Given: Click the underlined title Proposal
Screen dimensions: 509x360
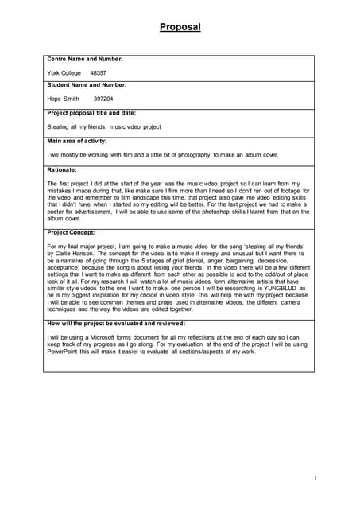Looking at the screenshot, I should pos(180,27).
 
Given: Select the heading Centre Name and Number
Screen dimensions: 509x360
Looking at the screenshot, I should pos(85,59).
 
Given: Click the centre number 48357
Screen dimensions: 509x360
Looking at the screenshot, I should pos(99,72).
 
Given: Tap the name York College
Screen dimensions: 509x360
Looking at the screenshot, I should pos(64,72).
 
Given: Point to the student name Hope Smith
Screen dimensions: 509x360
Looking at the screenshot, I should pos(64,99).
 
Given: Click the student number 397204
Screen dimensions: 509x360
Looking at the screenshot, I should pos(103,99).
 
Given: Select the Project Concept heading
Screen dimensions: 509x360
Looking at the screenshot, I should pos(72,233).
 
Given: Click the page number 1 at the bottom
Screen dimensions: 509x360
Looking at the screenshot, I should pos(315,478).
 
